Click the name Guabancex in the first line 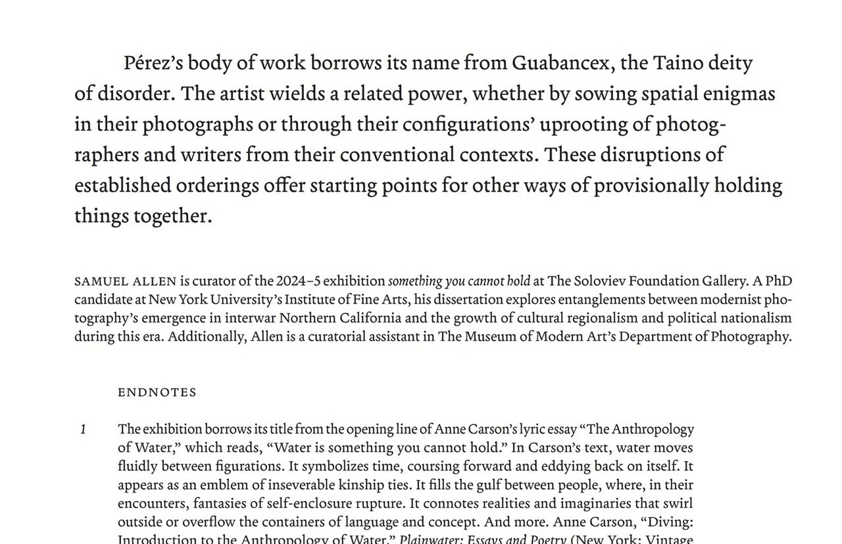[x=560, y=64]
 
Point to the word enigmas [x=739, y=94]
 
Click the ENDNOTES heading [x=157, y=393]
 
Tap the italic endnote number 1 [x=84, y=430]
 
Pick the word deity [x=730, y=64]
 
